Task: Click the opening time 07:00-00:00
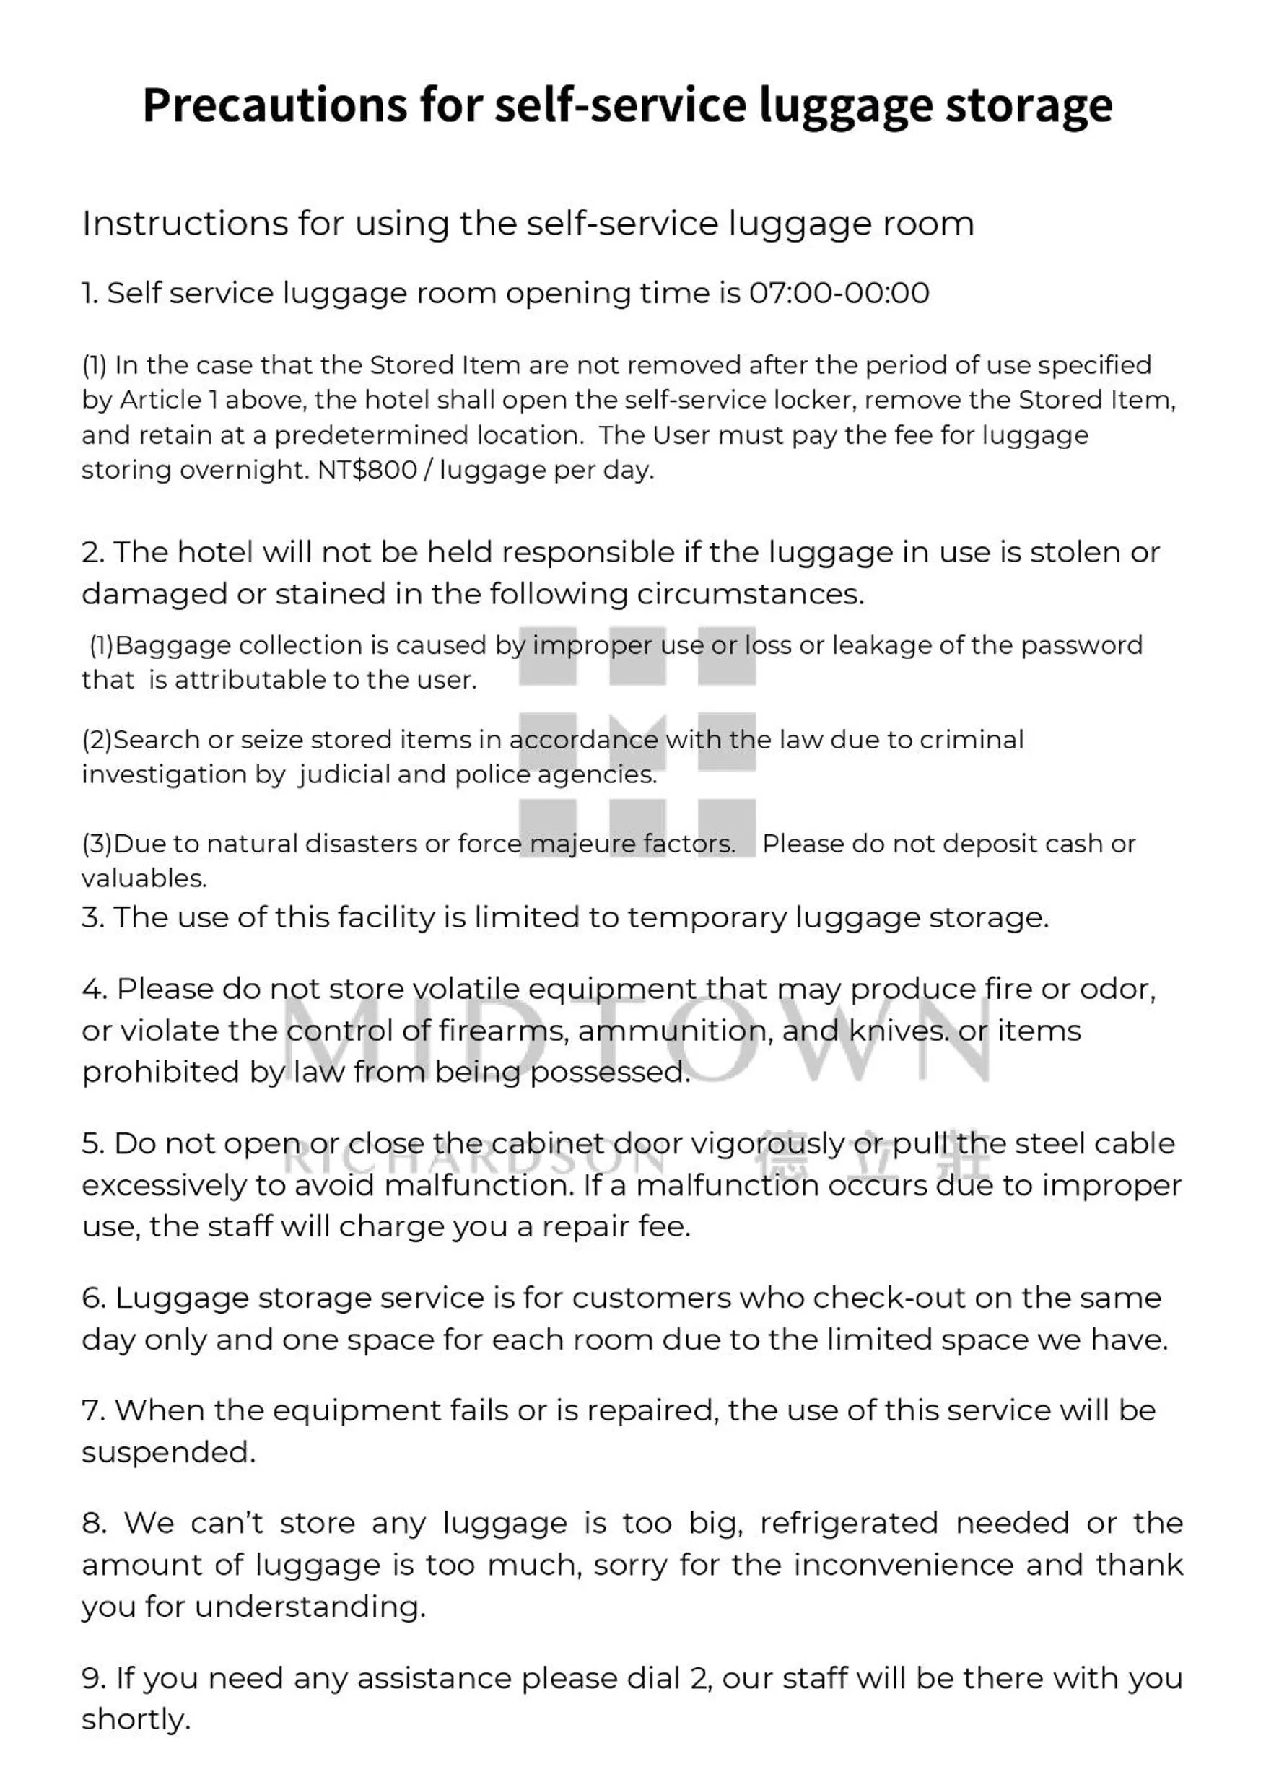pos(839,293)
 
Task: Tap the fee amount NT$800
pos(367,470)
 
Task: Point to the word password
pos(1081,645)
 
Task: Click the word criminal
pos(972,740)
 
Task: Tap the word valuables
pos(144,878)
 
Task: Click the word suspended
pos(168,1452)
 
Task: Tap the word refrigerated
pos(848,1523)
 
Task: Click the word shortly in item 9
pos(135,1719)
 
